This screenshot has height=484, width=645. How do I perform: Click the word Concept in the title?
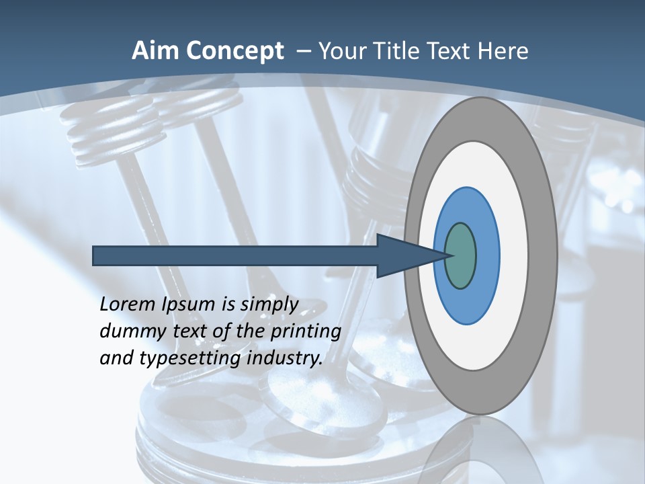pos(236,51)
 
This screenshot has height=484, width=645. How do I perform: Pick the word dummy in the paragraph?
pos(128,331)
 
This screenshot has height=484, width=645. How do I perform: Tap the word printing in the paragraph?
pos(305,332)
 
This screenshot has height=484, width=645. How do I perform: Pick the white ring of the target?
pos(513,255)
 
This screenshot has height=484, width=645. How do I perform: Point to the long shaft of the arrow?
pos(235,255)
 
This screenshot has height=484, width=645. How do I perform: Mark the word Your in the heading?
pos(341,51)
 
